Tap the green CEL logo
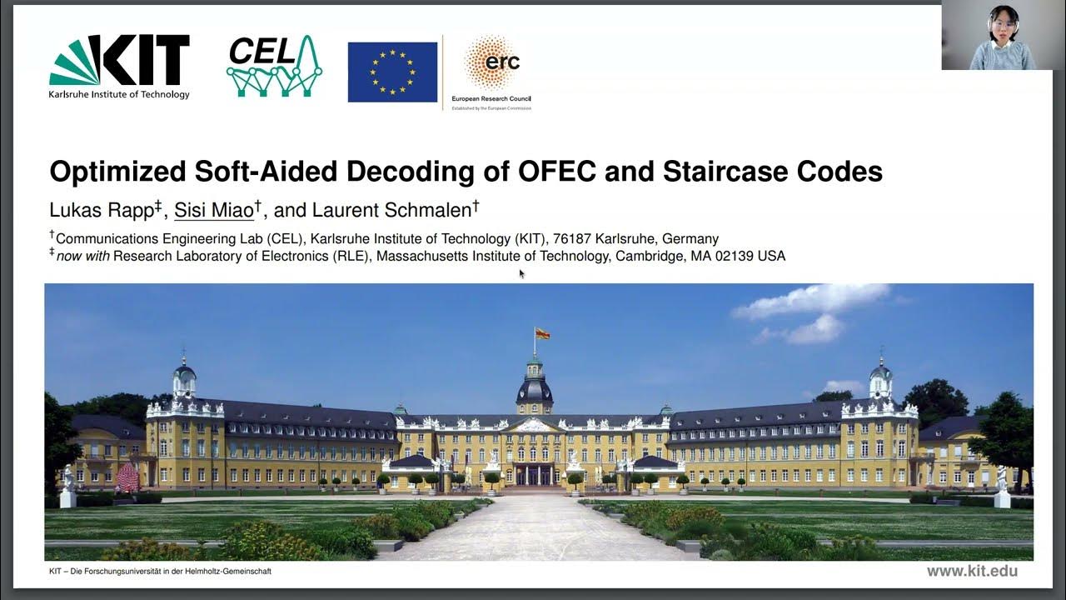[274, 66]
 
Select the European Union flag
[392, 72]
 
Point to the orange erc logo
[492, 64]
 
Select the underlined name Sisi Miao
[214, 210]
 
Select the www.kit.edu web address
[972, 571]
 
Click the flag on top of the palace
[541, 334]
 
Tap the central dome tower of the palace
[534, 385]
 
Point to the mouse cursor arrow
[521, 273]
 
